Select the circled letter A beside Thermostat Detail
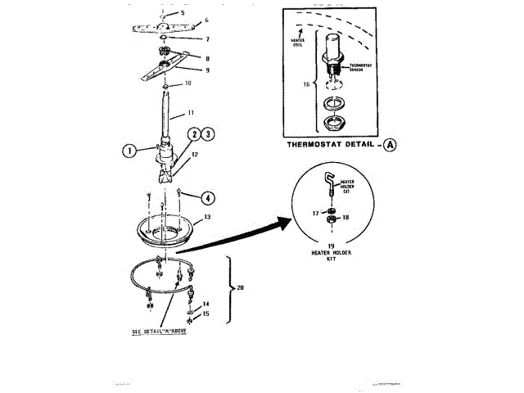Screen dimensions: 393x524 point(389,145)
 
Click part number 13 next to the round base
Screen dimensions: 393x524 point(207,217)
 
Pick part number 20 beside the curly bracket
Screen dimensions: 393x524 point(240,287)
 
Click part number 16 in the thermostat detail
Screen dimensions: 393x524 point(308,84)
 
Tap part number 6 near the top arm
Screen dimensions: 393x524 point(206,20)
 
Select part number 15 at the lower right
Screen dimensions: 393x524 point(206,313)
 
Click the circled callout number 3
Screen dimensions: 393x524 point(208,133)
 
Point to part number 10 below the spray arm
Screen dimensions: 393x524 point(187,84)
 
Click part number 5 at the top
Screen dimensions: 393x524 point(183,14)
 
